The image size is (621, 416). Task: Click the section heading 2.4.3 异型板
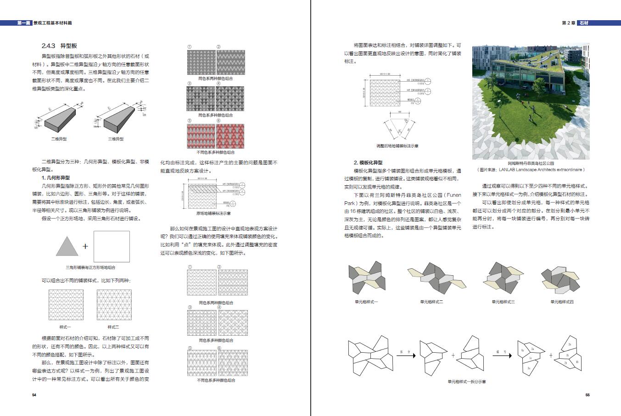(59, 46)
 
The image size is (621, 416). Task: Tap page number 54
(34, 395)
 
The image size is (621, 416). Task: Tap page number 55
(587, 395)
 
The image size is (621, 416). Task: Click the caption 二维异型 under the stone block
(59, 139)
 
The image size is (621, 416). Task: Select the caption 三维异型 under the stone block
(116, 139)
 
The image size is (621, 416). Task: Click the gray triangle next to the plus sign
(67, 246)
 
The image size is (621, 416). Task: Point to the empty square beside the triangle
(112, 246)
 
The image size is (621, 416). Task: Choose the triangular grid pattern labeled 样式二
(114, 305)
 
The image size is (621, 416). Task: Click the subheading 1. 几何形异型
(56, 177)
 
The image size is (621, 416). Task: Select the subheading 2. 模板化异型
(368, 162)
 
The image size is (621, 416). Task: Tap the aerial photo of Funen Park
(531, 101)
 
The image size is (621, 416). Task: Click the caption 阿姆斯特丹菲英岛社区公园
(531, 163)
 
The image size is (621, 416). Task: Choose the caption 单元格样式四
(562, 302)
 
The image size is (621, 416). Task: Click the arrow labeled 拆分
(405, 355)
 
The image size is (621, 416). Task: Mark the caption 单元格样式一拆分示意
(467, 382)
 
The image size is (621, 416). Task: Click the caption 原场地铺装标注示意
(213, 213)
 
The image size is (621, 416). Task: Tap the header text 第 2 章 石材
(575, 22)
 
